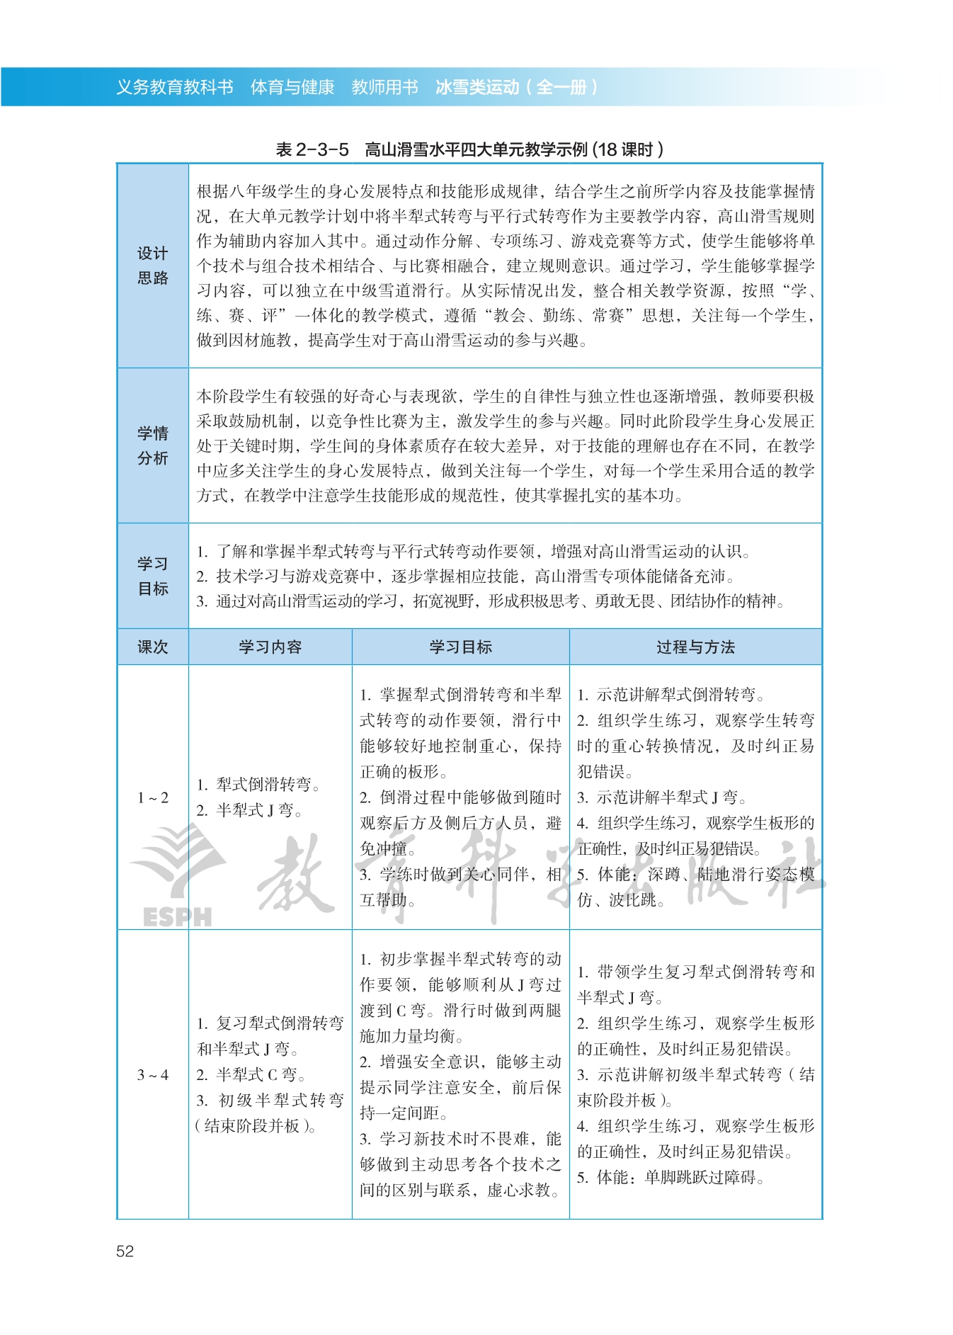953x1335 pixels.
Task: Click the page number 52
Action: [x=125, y=1251]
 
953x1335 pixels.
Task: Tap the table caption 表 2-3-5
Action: [x=312, y=149]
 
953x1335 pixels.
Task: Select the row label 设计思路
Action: [x=153, y=266]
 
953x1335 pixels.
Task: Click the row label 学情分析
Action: [x=153, y=445]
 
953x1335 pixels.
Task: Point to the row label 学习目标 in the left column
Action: [x=153, y=576]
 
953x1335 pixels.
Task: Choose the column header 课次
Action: [x=153, y=647]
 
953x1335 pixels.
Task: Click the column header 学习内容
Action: [x=270, y=647]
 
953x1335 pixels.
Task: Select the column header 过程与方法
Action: [x=695, y=647]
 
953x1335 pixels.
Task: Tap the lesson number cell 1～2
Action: [x=153, y=797]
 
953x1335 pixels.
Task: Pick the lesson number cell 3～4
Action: [x=153, y=1074]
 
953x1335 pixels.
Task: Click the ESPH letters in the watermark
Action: [x=177, y=917]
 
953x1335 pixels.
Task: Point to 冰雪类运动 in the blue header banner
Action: [x=477, y=87]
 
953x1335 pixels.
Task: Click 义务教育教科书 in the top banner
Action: [x=175, y=87]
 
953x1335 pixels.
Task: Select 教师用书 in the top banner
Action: [x=385, y=87]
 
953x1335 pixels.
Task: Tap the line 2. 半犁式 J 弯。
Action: [x=249, y=810]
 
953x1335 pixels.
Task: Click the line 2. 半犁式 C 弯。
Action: [x=251, y=1074]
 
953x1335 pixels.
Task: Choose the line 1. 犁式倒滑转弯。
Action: [x=258, y=784]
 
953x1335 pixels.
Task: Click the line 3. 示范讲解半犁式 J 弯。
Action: [x=662, y=797]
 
